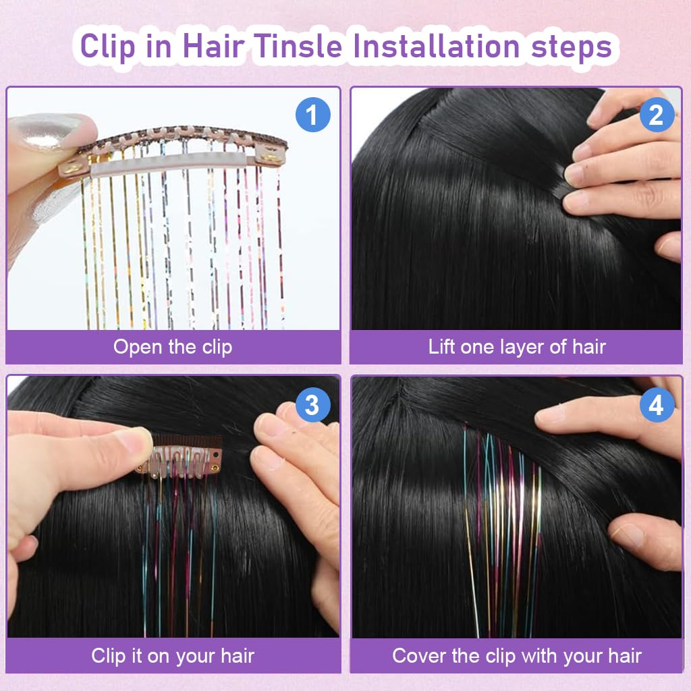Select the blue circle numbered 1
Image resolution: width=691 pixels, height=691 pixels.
click(x=312, y=115)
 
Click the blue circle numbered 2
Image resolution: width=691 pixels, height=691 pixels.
click(x=656, y=115)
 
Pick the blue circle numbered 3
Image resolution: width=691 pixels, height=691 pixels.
click(x=312, y=405)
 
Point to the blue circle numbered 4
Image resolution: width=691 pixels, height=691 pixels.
click(x=656, y=405)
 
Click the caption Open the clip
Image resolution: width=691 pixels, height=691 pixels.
click(x=173, y=347)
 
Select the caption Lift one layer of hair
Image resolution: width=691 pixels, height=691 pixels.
click(x=517, y=347)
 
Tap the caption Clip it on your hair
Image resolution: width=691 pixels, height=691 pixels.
click(x=173, y=655)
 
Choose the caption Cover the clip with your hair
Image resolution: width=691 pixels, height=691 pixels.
click(x=517, y=655)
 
